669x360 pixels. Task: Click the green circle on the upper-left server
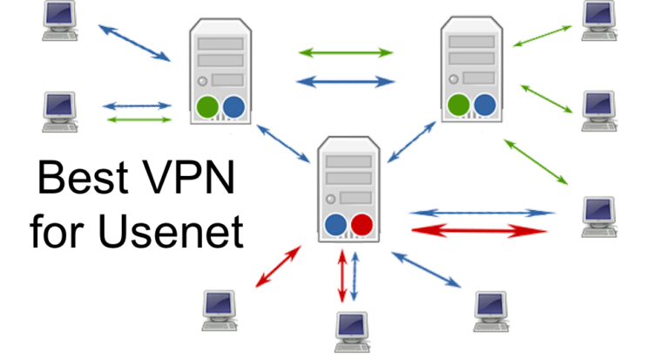[x=207, y=107]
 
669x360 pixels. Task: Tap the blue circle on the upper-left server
[x=233, y=107]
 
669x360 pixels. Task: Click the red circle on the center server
[x=362, y=225]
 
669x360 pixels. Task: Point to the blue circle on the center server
[x=335, y=225]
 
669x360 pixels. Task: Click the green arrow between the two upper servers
[x=346, y=53]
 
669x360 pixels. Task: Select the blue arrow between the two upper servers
[x=346, y=81]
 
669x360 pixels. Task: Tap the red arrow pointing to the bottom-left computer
[x=278, y=267]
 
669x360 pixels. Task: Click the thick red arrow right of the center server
[x=481, y=230]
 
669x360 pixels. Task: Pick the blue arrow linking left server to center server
[x=281, y=142]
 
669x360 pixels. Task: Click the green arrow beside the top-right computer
[x=542, y=36]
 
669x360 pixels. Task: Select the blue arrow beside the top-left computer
[x=134, y=42]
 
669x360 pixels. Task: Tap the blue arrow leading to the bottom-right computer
[x=426, y=269]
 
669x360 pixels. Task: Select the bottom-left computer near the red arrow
[x=220, y=309]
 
